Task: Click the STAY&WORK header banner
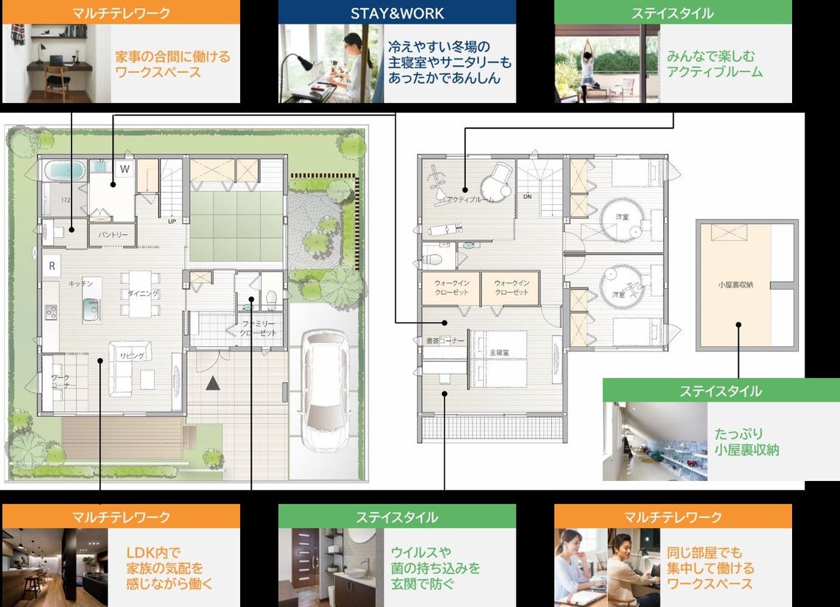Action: [x=396, y=13]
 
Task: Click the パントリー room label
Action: [x=113, y=235]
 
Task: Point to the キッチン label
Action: [x=80, y=284]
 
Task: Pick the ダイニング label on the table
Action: [x=143, y=293]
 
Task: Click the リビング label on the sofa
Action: [x=133, y=356]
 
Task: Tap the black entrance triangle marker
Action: [x=212, y=382]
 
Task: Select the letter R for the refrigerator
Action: [x=52, y=266]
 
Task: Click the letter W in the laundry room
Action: [x=125, y=168]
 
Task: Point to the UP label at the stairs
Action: [x=172, y=220]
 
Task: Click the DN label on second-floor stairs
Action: [x=528, y=197]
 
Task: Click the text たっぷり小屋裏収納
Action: [x=746, y=441]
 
